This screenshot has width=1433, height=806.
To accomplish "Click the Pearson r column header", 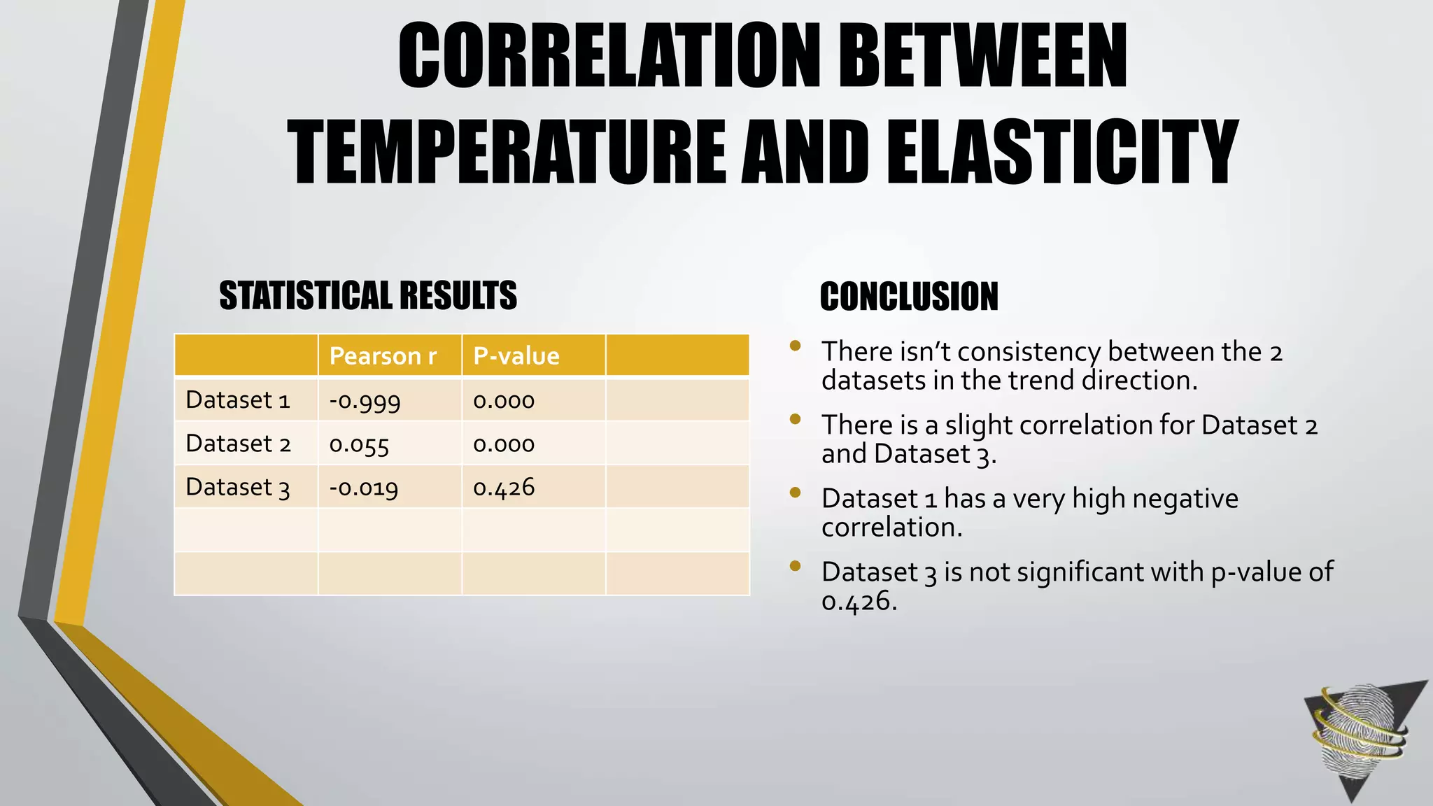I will [383, 356].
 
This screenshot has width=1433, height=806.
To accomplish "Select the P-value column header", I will [516, 356].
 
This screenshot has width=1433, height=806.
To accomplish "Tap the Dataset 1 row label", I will [238, 400].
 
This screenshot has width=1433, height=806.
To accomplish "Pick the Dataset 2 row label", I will [238, 444].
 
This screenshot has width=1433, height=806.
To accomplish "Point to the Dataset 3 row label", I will [238, 487].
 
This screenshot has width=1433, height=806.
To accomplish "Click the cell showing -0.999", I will [365, 401].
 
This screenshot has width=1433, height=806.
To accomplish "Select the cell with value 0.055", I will [359, 444].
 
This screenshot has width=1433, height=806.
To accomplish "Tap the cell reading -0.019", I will [364, 488].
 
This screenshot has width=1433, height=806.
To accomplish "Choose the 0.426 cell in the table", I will [504, 488].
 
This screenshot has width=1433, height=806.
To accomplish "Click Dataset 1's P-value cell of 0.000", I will [504, 401].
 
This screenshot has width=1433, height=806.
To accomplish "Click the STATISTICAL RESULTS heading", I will [368, 295].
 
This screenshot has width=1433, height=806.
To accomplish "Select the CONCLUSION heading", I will [909, 297].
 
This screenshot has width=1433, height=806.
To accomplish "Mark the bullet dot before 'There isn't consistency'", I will [794, 346].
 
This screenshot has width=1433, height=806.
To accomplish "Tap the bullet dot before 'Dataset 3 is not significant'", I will [794, 566].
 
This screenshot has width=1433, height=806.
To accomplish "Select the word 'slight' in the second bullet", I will [978, 425].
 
